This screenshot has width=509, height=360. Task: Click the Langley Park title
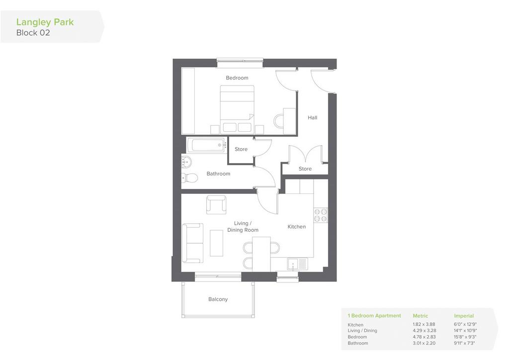(x=45, y=22)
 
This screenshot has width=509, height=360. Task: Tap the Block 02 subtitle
(x=33, y=33)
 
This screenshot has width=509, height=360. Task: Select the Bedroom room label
(x=237, y=78)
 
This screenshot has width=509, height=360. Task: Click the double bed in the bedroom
(x=237, y=109)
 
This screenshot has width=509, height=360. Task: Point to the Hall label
(x=312, y=117)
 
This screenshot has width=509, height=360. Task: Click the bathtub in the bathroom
(x=207, y=145)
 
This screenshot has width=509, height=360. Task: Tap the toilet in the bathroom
(x=189, y=178)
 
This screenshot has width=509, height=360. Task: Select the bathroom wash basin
(x=186, y=161)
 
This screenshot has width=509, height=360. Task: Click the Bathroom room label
(x=219, y=174)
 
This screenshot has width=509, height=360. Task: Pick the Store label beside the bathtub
(x=241, y=149)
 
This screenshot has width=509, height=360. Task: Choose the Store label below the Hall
(x=305, y=169)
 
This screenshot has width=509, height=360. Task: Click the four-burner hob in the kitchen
(x=321, y=215)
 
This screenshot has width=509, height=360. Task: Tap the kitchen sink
(x=297, y=264)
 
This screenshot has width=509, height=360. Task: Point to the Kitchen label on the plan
(x=297, y=227)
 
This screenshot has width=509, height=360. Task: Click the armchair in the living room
(x=217, y=204)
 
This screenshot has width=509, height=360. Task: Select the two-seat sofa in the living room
(x=192, y=243)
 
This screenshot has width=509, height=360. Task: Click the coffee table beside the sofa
(x=217, y=243)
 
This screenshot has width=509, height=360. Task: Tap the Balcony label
(x=218, y=299)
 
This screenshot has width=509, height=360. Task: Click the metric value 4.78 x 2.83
(x=424, y=337)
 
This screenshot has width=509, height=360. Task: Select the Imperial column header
(x=464, y=316)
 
